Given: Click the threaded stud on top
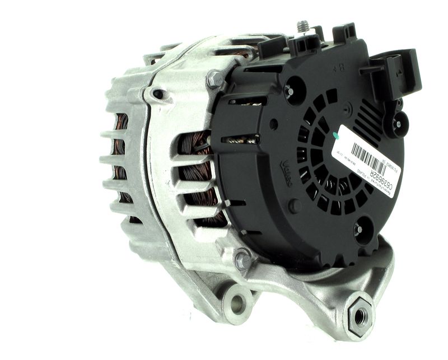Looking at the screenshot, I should pos(304,27).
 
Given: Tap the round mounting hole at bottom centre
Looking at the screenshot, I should pos(237,304).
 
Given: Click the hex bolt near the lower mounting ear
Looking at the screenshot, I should pos(242,260).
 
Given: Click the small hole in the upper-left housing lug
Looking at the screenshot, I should pos(158,94).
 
